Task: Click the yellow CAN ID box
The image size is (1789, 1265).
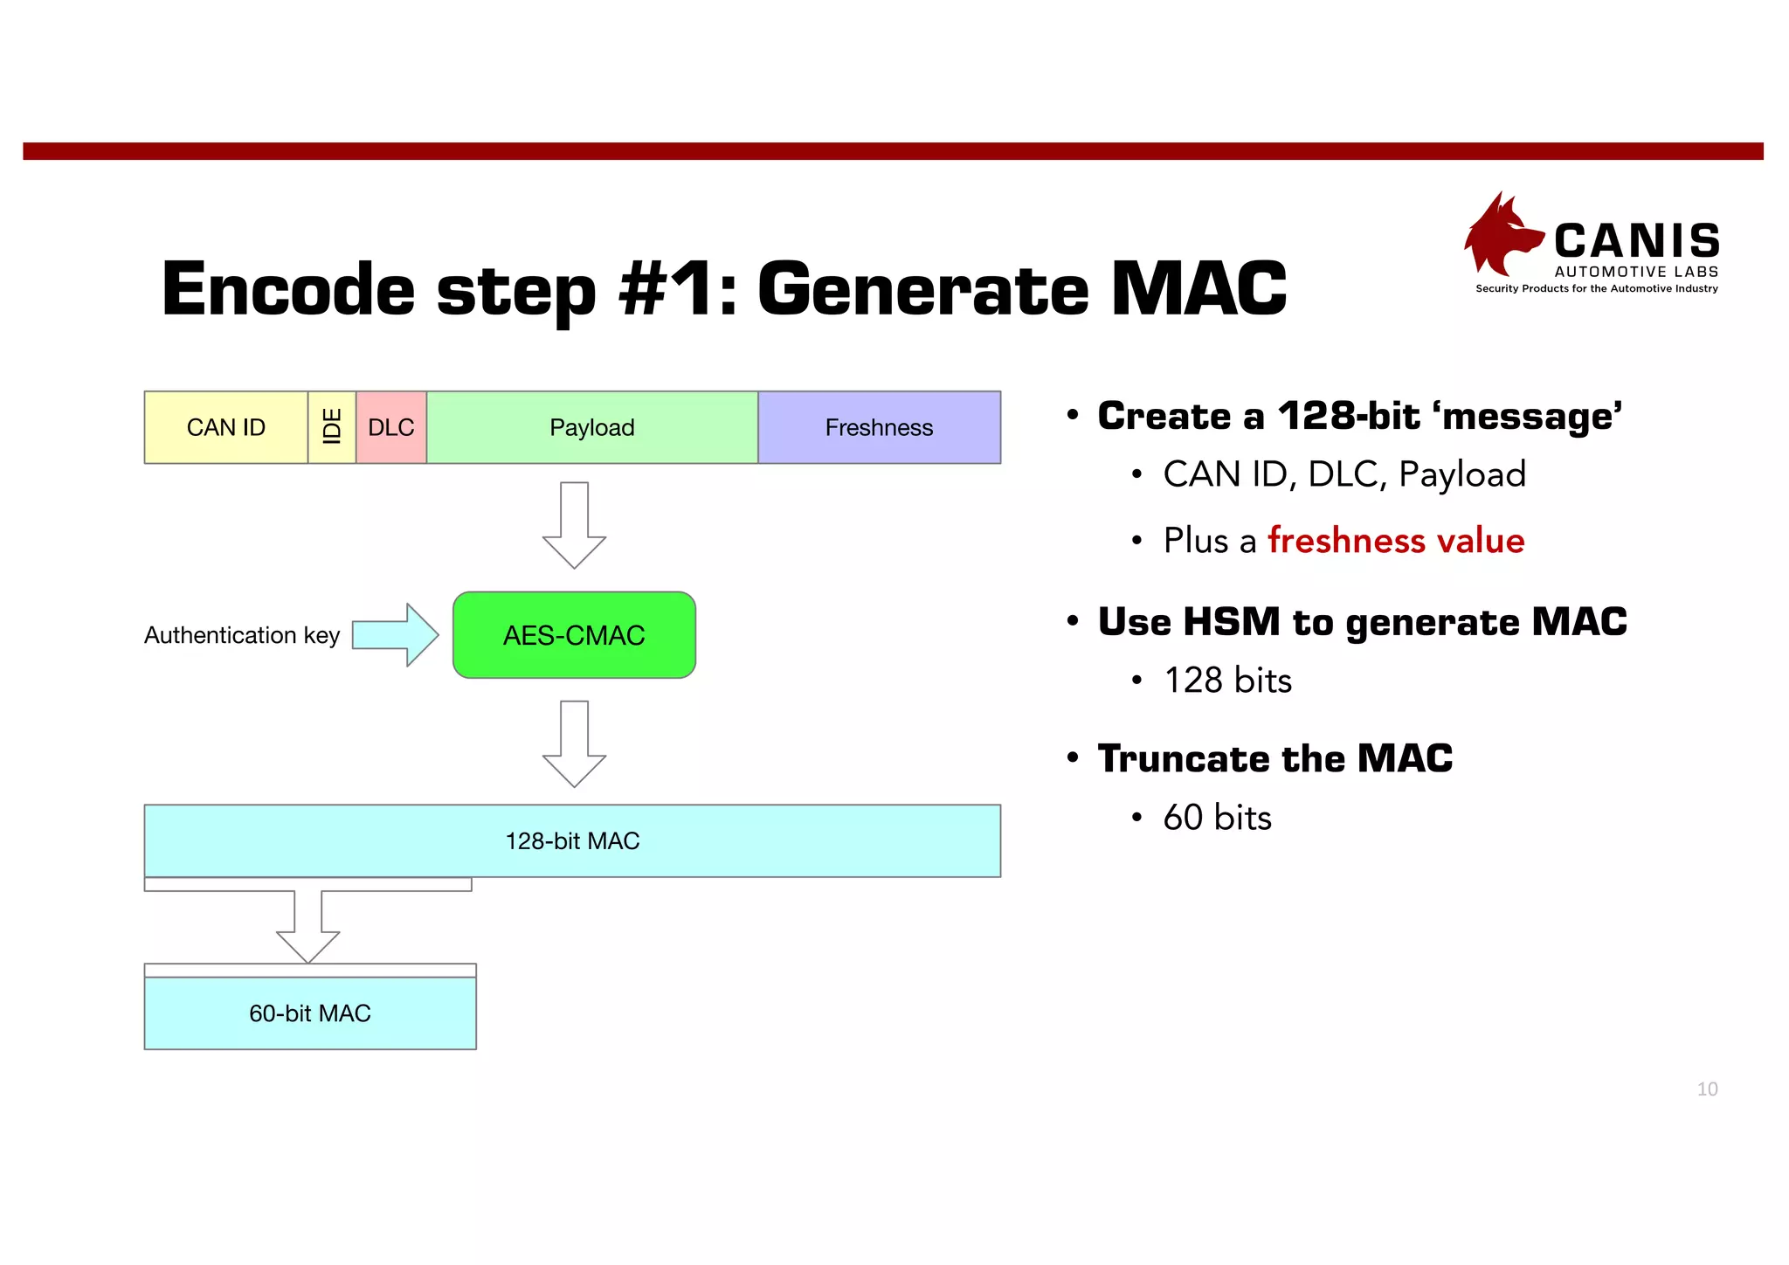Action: [x=225, y=427]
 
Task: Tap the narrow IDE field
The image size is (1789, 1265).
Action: [x=332, y=427]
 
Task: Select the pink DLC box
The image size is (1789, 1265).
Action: [x=391, y=427]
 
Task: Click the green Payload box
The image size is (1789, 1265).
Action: [x=592, y=427]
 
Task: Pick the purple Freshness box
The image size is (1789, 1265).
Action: [x=879, y=427]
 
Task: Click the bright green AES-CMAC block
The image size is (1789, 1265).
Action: [x=574, y=635]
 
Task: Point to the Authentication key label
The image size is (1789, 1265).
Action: [x=242, y=635]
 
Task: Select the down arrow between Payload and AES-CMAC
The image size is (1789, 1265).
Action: [x=574, y=524]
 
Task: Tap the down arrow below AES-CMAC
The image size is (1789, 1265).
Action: [x=574, y=743]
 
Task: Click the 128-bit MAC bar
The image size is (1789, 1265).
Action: [x=572, y=840]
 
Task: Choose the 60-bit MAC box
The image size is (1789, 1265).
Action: [x=310, y=1013]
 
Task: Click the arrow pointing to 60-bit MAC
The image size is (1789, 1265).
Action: [x=308, y=926]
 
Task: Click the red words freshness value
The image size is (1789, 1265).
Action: [x=1395, y=541]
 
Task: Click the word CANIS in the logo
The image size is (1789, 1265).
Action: [x=1636, y=240]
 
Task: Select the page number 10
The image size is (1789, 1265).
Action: [x=1707, y=1089]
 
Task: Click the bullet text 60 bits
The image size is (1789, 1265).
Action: [x=1217, y=818]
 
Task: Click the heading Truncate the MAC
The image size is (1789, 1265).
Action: [x=1274, y=758]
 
